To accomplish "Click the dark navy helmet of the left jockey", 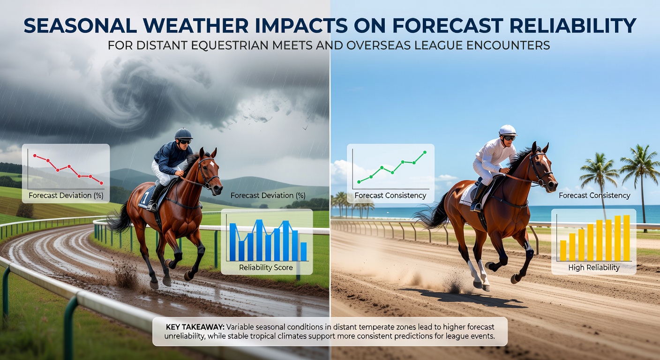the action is pyautogui.click(x=183, y=134).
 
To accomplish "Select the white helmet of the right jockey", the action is pyautogui.click(x=508, y=130).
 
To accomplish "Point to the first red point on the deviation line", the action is pyautogui.click(x=35, y=155).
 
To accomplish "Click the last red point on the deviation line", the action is pyautogui.click(x=102, y=183).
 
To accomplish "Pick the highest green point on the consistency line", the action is pyautogui.click(x=425, y=152).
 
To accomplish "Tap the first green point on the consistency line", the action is pyautogui.click(x=359, y=182).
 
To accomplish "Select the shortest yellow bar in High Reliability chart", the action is pyautogui.click(x=563, y=250).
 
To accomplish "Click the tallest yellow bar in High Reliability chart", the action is pyautogui.click(x=627, y=238).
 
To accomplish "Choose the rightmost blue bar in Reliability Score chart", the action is pyautogui.click(x=303, y=252).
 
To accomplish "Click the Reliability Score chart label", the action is pyautogui.click(x=266, y=268).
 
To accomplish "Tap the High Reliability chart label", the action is pyautogui.click(x=594, y=268).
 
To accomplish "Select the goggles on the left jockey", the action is pyautogui.click(x=185, y=142).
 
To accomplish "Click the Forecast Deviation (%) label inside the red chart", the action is pyautogui.click(x=66, y=195).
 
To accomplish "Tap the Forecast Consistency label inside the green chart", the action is pyautogui.click(x=390, y=195).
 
